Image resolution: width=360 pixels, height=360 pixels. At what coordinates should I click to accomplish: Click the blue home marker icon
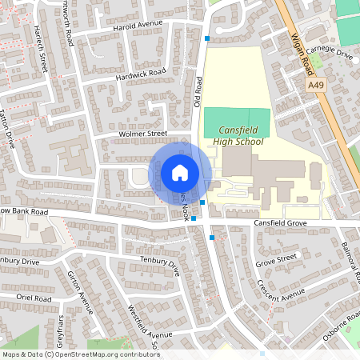179,172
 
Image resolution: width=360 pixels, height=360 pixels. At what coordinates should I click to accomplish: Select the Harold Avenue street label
138,25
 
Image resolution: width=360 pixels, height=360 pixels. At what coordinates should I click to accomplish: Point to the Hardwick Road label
139,74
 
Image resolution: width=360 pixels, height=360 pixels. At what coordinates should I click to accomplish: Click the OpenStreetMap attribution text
81,354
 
